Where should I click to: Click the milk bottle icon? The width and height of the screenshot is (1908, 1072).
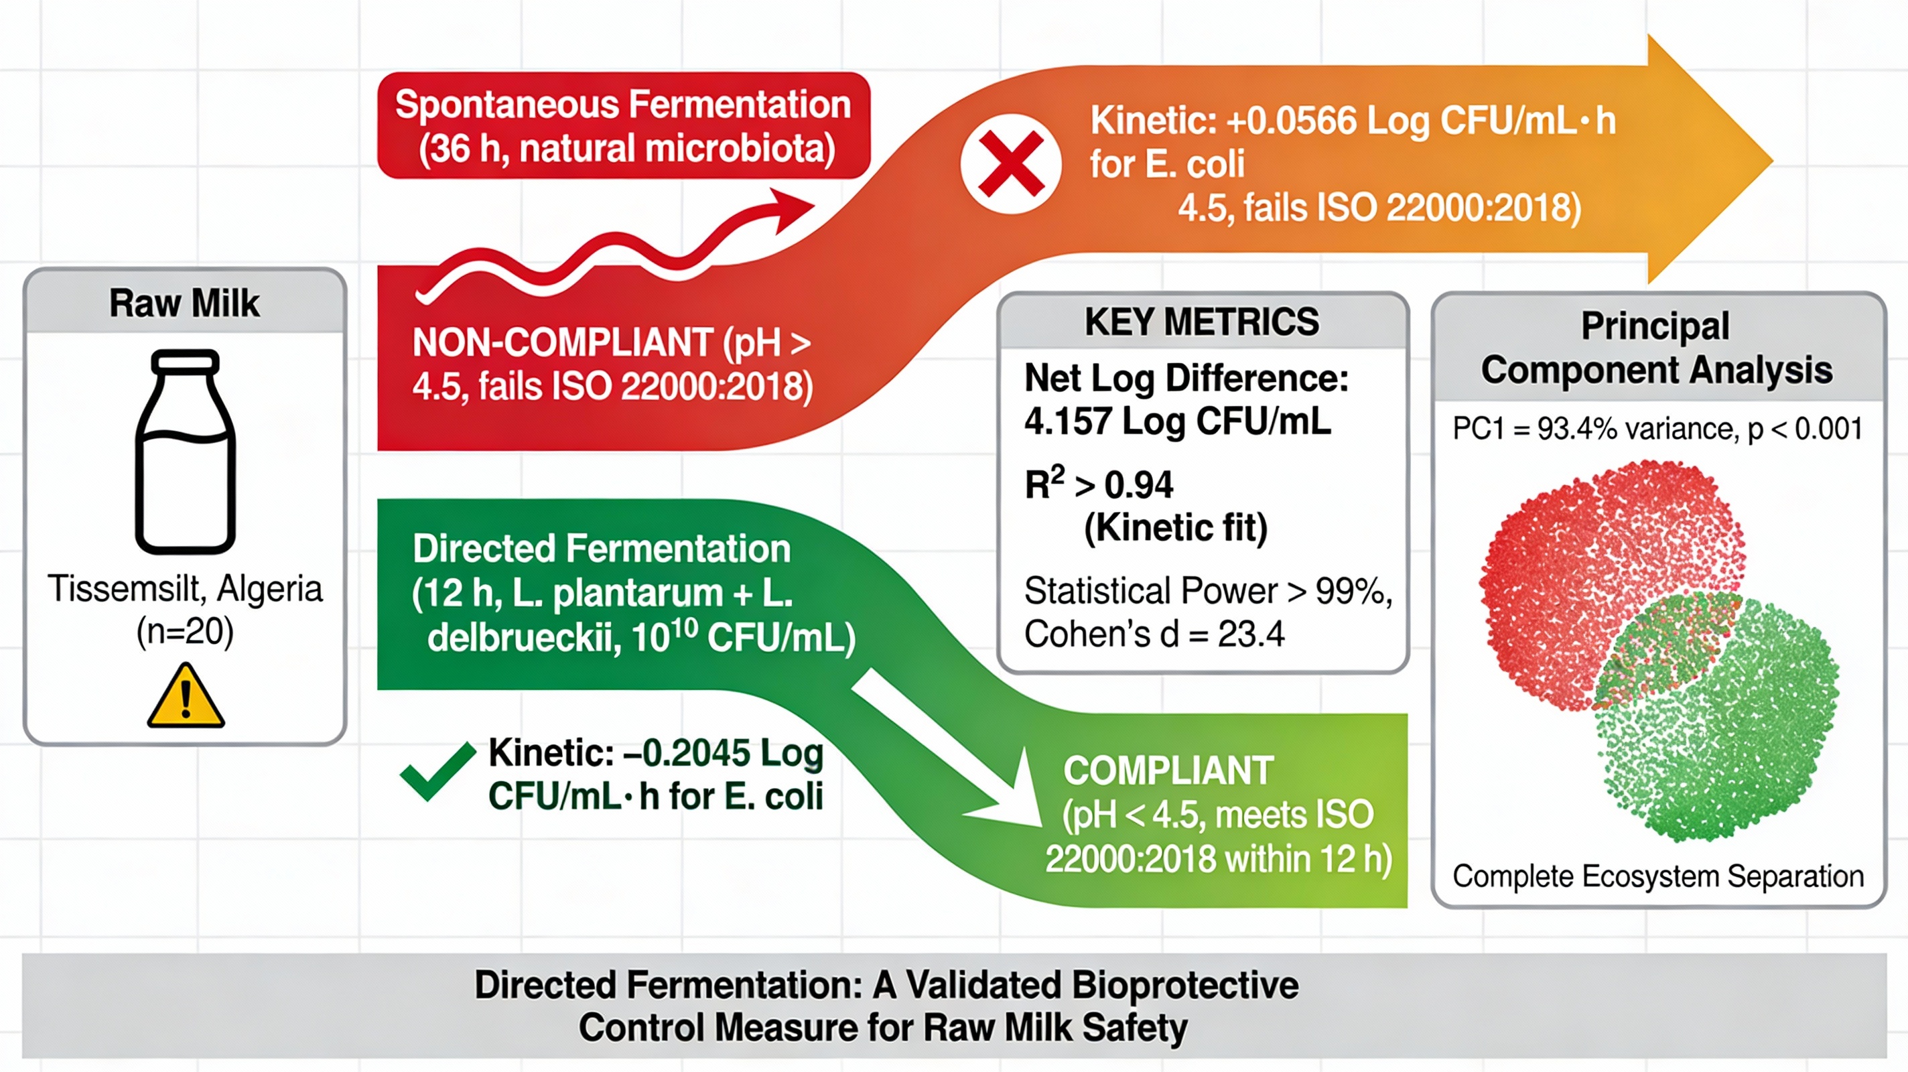pos(185,451)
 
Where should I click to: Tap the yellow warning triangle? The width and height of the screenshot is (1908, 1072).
pos(186,695)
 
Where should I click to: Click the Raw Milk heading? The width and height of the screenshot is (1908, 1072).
pos(184,303)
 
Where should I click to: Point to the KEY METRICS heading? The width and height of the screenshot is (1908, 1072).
pos(1201,322)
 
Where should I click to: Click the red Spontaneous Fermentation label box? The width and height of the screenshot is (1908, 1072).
pos(624,125)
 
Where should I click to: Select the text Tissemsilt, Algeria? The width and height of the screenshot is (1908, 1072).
pos(185,589)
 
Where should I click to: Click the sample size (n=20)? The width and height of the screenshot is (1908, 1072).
pos(185,632)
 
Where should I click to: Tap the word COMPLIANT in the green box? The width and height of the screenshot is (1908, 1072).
pos(1169,770)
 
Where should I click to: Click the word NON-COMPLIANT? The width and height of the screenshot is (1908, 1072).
pos(563,343)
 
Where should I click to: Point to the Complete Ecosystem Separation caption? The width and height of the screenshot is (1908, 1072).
pos(1657,876)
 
